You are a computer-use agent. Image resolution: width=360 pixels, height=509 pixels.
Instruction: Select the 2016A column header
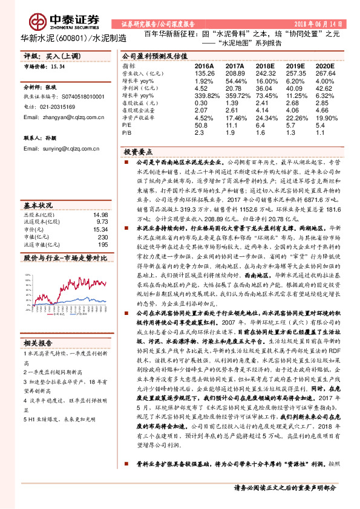click(x=205, y=65)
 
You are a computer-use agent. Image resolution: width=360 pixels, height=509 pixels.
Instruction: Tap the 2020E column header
click(x=324, y=65)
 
